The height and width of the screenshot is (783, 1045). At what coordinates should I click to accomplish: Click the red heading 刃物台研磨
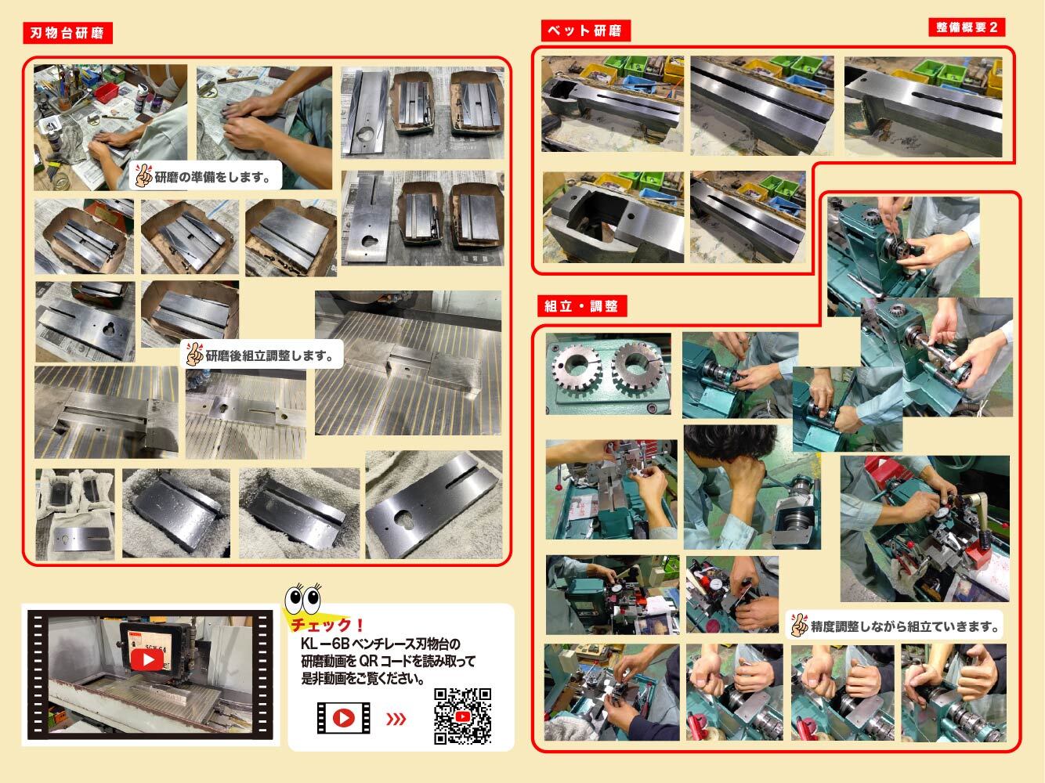pos(67,33)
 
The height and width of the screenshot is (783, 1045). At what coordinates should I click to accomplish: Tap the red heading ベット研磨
pos(586,31)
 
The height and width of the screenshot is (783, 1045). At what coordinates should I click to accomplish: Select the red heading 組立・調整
pos(582,306)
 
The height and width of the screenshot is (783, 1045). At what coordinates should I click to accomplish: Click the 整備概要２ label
pos(967,27)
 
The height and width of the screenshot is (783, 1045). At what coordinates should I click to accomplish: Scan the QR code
pos(462,716)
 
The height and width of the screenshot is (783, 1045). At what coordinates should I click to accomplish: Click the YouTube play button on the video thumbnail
pos(146,660)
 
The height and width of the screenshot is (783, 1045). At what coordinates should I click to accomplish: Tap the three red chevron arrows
pos(396,718)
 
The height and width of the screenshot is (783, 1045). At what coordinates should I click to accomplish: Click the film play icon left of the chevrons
pos(343,718)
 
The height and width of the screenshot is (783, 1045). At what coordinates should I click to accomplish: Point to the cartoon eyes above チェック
pos(303,599)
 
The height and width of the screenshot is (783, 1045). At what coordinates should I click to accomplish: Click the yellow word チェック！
pos(328,625)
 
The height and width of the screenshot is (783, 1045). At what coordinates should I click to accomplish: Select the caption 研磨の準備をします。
pos(213,178)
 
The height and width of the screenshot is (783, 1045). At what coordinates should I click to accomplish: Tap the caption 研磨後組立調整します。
pos(269,355)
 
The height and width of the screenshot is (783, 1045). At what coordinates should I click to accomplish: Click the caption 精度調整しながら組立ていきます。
pos(905,626)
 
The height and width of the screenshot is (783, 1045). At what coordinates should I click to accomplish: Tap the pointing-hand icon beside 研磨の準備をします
pos(143,175)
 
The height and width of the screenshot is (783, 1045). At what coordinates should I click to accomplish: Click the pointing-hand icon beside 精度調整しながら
pos(800,625)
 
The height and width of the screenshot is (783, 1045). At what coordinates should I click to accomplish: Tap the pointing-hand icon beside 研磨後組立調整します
pos(194,355)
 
